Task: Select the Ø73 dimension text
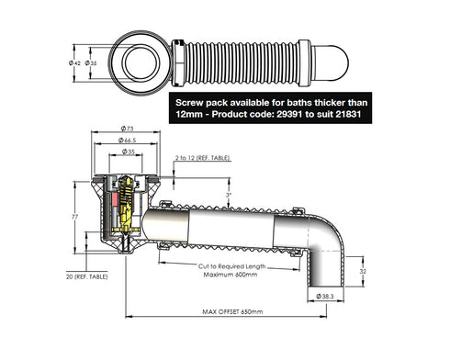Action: click(128, 130)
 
